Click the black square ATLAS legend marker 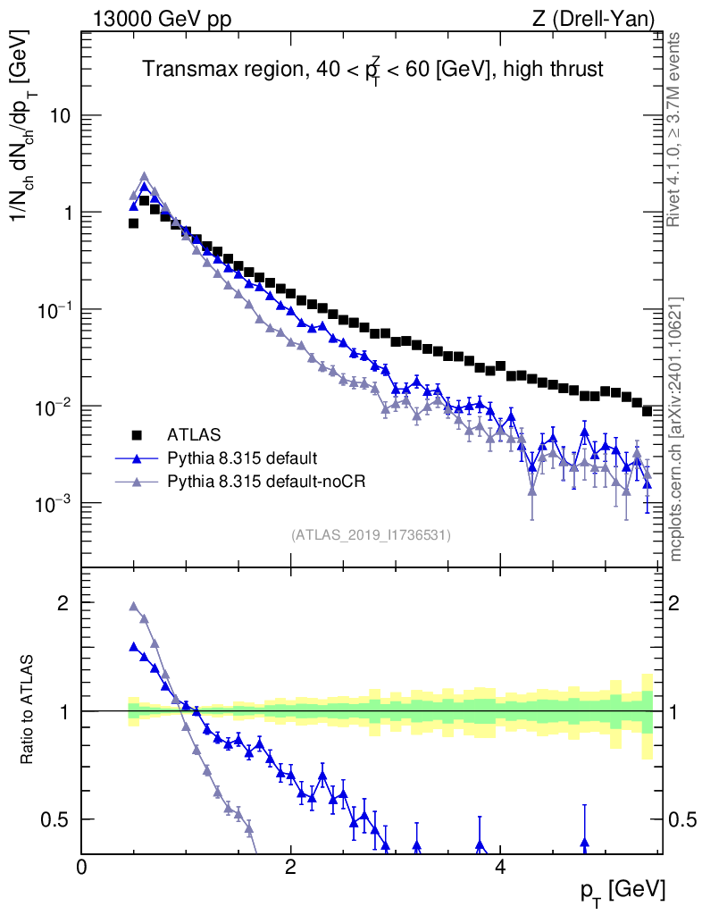[138, 435]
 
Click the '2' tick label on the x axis [290, 867]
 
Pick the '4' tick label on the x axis [500, 867]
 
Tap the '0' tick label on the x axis [81, 867]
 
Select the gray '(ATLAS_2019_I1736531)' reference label [371, 535]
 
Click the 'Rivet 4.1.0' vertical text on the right [675, 130]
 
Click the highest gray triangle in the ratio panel [134, 606]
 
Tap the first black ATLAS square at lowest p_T [134, 223]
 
